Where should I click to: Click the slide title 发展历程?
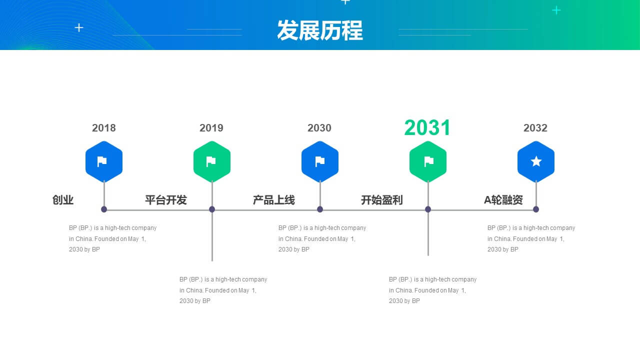coord(320,30)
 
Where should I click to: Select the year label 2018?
coord(103,127)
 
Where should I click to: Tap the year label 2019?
coord(211,127)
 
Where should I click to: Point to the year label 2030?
coord(319,127)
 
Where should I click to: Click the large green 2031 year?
coord(427,127)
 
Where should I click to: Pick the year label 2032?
coord(535,127)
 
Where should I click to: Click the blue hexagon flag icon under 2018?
coord(104,161)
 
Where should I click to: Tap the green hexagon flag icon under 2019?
coord(212,161)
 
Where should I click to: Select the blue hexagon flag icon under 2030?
coord(320,161)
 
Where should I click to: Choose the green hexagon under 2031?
coord(428,161)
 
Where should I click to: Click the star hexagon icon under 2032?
coord(536,161)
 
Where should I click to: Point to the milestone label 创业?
coord(63,200)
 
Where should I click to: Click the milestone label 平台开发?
coord(165,200)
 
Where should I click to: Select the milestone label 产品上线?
coord(273,200)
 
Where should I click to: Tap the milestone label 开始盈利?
coord(381,200)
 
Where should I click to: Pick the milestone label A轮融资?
coord(503,200)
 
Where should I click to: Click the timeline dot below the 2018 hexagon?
coord(104,209)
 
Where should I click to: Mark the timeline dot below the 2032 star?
coord(536,209)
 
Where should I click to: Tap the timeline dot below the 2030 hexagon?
coord(320,209)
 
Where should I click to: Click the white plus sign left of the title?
coord(79,27)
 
